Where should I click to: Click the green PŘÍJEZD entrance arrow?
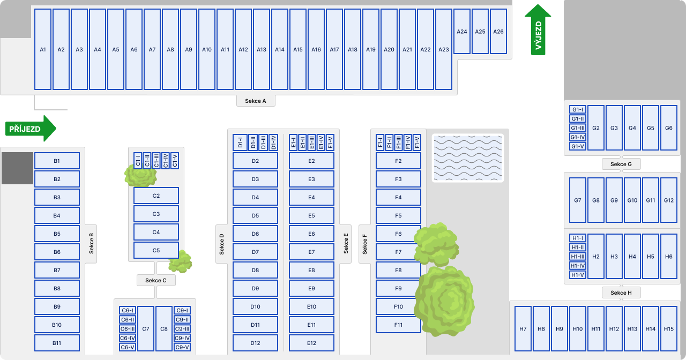31,129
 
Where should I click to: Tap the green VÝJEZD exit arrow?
538,30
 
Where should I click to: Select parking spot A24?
462,31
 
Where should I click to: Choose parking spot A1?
43,49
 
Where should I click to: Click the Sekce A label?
256,101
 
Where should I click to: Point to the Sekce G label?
621,164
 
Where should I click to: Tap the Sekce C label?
156,280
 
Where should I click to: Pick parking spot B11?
57,343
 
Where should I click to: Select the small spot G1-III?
578,128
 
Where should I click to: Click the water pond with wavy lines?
468,158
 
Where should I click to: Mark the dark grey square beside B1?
18,168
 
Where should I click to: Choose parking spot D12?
255,343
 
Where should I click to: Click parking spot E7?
311,252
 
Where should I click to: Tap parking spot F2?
398,161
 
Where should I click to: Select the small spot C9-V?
182,347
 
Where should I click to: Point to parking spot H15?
668,329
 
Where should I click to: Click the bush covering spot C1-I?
140,175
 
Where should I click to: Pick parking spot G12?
668,200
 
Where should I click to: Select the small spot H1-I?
578,238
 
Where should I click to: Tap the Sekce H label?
621,292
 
